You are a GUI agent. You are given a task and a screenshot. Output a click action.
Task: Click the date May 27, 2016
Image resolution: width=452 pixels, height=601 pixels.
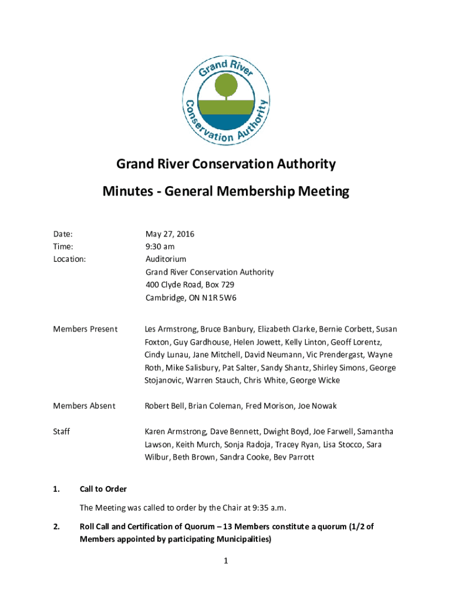170,234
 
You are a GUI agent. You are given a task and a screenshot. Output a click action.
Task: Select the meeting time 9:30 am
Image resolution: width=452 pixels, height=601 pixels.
160,247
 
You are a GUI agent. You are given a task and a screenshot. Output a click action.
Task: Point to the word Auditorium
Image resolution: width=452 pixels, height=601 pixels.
166,259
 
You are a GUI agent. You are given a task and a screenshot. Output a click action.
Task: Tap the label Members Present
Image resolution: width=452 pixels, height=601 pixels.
85,329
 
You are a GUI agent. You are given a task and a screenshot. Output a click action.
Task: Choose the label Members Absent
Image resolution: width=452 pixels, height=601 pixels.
84,406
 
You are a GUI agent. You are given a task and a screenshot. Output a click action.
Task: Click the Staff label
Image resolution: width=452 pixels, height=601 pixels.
62,432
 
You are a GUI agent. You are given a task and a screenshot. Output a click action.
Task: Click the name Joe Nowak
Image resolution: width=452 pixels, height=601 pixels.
317,406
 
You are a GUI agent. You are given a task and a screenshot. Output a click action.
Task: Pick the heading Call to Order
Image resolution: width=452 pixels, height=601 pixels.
103,489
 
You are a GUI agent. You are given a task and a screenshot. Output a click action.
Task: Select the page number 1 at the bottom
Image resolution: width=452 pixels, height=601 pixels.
225,562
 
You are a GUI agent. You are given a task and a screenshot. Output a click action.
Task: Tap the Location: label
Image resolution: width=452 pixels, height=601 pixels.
70,259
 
